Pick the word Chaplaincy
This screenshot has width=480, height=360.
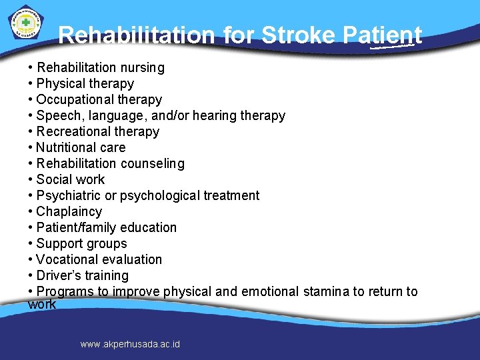click(x=69, y=211)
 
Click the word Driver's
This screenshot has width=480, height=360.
click(x=57, y=275)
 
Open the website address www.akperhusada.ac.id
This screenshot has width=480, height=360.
click(x=130, y=344)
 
